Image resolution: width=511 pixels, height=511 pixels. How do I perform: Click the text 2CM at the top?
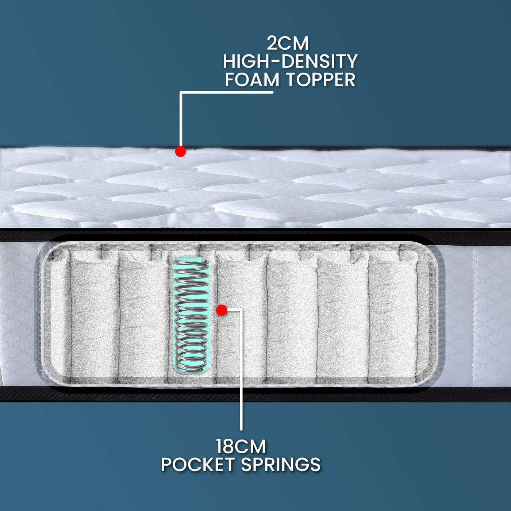(288, 44)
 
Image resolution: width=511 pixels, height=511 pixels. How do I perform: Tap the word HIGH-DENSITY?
(290, 62)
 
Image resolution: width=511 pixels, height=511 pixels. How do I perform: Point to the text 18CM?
(241, 446)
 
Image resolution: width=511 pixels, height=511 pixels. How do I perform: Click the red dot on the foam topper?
(180, 152)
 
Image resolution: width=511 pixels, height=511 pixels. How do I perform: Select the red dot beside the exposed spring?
(222, 310)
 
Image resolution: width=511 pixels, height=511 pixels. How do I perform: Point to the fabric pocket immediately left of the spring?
(143, 316)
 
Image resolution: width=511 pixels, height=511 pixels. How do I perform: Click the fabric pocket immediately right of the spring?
(241, 316)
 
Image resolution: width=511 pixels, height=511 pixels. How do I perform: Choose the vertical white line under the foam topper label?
(181, 120)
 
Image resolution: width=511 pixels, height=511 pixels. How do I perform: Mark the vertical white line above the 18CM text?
(241, 370)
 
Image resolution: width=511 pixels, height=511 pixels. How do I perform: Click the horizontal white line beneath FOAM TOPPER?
(226, 93)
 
